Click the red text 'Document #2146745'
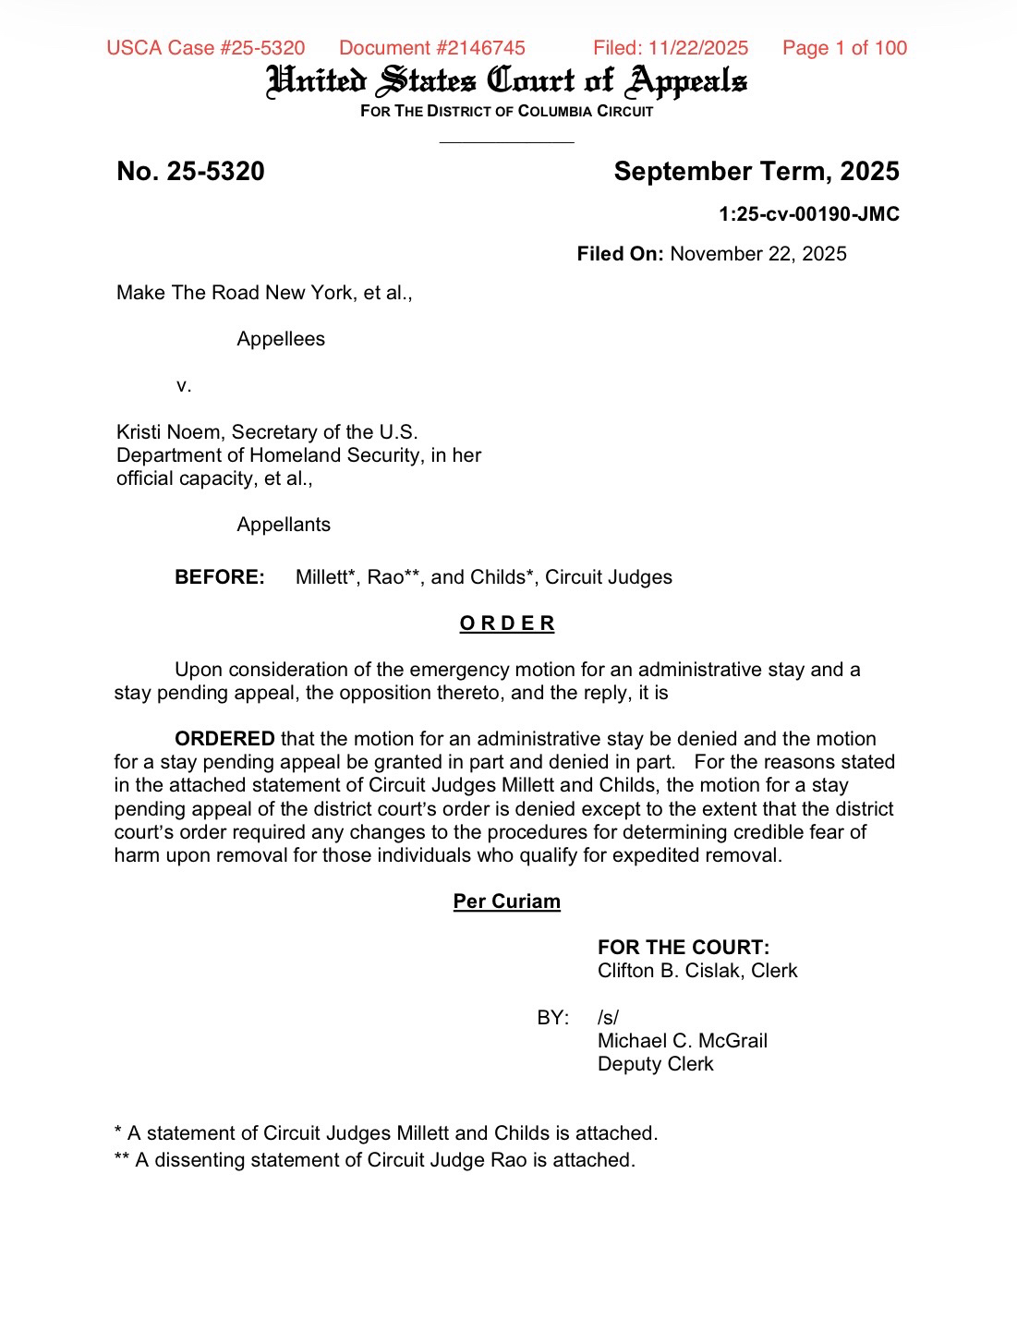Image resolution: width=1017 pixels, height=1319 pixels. (x=431, y=48)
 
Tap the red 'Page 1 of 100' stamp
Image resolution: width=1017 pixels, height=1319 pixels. (x=844, y=48)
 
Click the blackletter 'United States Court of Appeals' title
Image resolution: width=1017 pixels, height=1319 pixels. (x=506, y=81)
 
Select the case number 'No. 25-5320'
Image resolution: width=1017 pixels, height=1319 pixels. (x=190, y=172)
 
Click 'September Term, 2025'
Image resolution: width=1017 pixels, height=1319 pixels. (x=756, y=172)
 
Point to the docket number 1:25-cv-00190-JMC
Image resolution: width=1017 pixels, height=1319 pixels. (x=808, y=214)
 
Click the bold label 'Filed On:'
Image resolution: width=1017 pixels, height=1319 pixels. (x=620, y=254)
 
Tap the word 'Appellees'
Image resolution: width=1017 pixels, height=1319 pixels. (x=281, y=339)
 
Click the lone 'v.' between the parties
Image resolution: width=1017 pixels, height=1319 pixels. (x=184, y=385)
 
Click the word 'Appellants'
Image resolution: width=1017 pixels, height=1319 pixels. (x=284, y=525)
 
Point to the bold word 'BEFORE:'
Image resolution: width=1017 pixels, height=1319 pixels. (x=220, y=577)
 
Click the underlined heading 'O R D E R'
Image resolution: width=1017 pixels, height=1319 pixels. (x=507, y=623)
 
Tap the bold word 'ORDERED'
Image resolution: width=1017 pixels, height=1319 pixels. (x=224, y=739)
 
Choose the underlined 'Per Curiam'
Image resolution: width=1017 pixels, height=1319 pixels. (x=506, y=902)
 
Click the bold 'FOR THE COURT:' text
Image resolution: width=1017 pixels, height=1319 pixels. (x=684, y=948)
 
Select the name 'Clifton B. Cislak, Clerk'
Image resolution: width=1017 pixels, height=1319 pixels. (x=697, y=971)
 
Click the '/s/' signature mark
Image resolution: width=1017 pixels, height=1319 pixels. (x=608, y=1018)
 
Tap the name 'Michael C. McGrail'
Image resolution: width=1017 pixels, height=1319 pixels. (x=683, y=1041)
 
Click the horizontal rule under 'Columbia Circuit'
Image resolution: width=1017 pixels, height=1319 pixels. (x=506, y=142)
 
